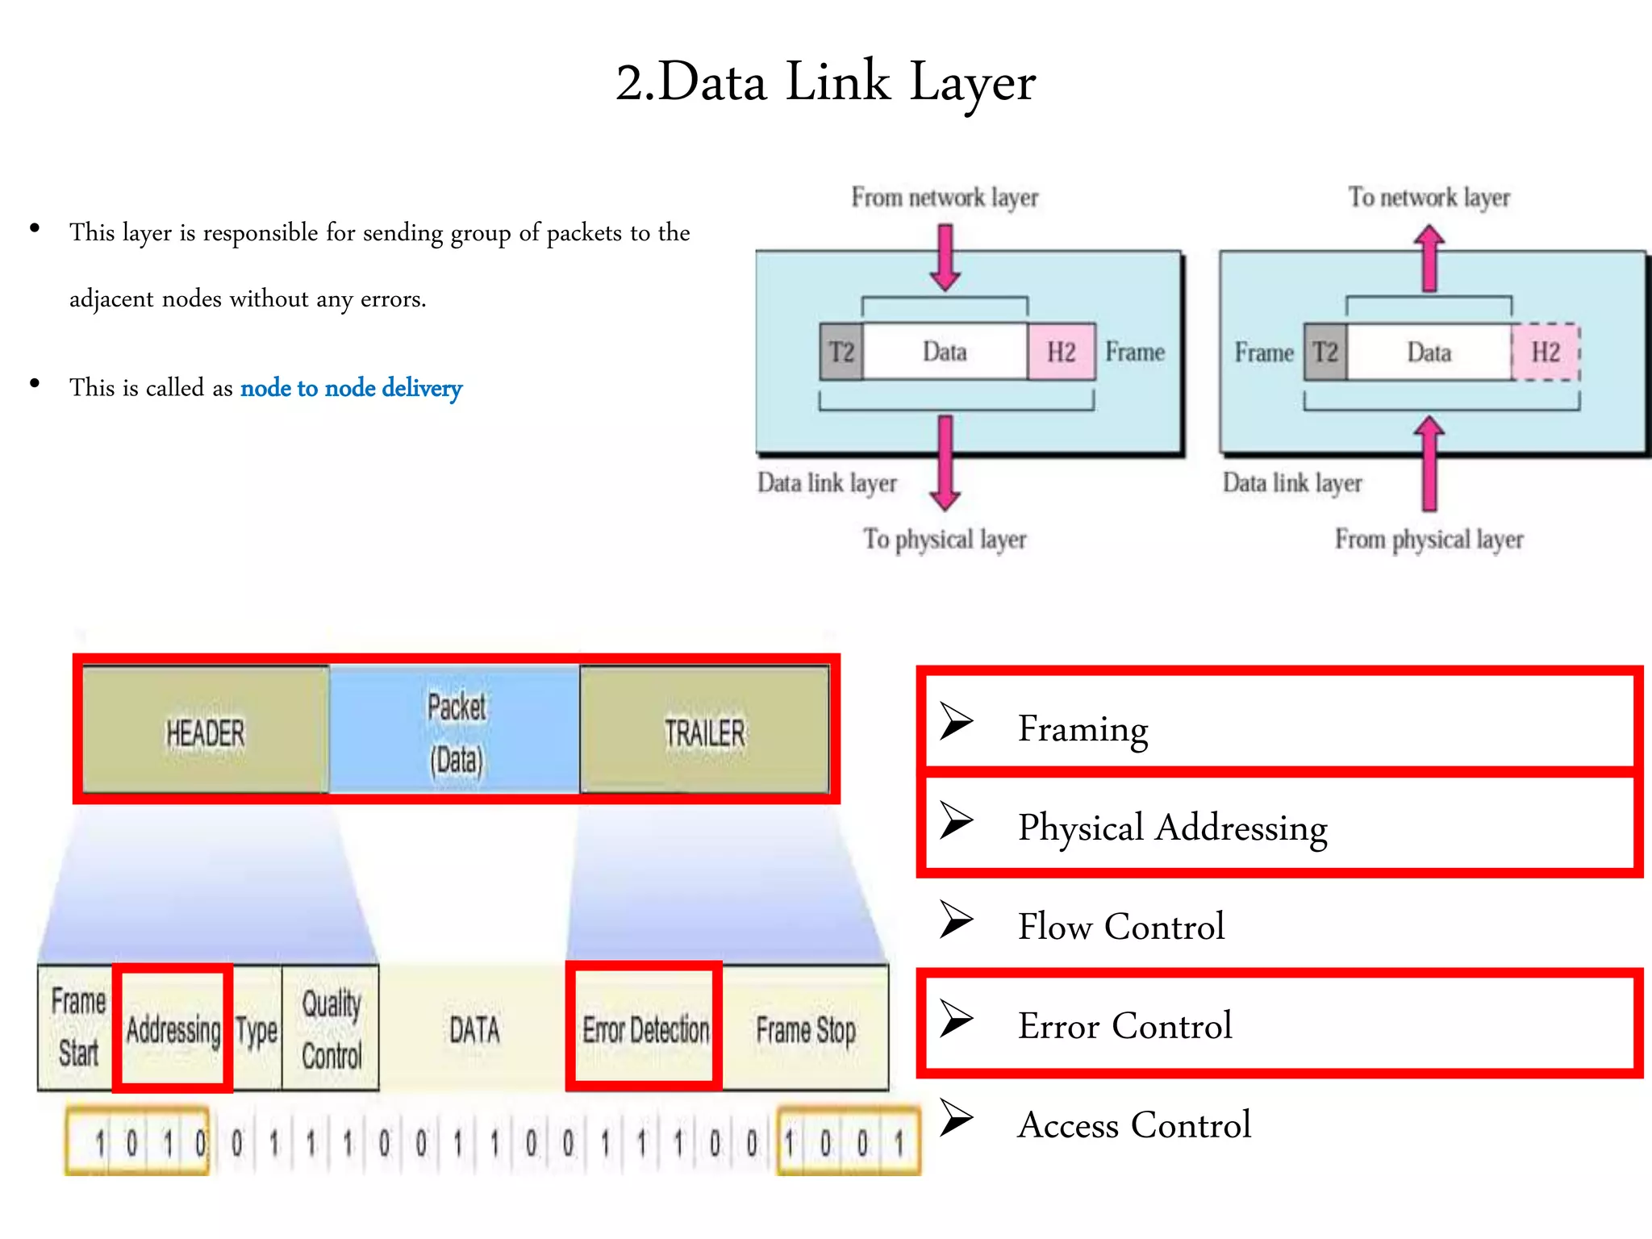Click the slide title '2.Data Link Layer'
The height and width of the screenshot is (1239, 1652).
tap(825, 82)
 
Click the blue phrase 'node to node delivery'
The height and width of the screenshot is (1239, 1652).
tap(351, 388)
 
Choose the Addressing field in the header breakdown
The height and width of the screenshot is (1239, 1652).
tap(173, 1029)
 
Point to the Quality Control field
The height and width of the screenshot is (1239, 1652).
tap(331, 1029)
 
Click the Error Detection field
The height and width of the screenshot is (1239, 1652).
tap(645, 1029)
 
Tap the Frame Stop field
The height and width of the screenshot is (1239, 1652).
tap(805, 1029)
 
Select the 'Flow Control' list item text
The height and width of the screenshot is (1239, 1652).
tap(1120, 926)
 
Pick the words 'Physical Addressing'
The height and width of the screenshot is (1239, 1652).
tap(1172, 828)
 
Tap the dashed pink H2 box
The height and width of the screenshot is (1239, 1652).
tap(1546, 352)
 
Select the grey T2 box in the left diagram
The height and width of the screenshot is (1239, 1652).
tap(841, 352)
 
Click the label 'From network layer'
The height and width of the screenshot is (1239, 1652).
tap(945, 197)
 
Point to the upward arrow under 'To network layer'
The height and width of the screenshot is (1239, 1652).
tap(1429, 257)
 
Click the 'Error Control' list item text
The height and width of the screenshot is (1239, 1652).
tap(1124, 1026)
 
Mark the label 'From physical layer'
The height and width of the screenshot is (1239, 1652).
tap(1429, 539)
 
